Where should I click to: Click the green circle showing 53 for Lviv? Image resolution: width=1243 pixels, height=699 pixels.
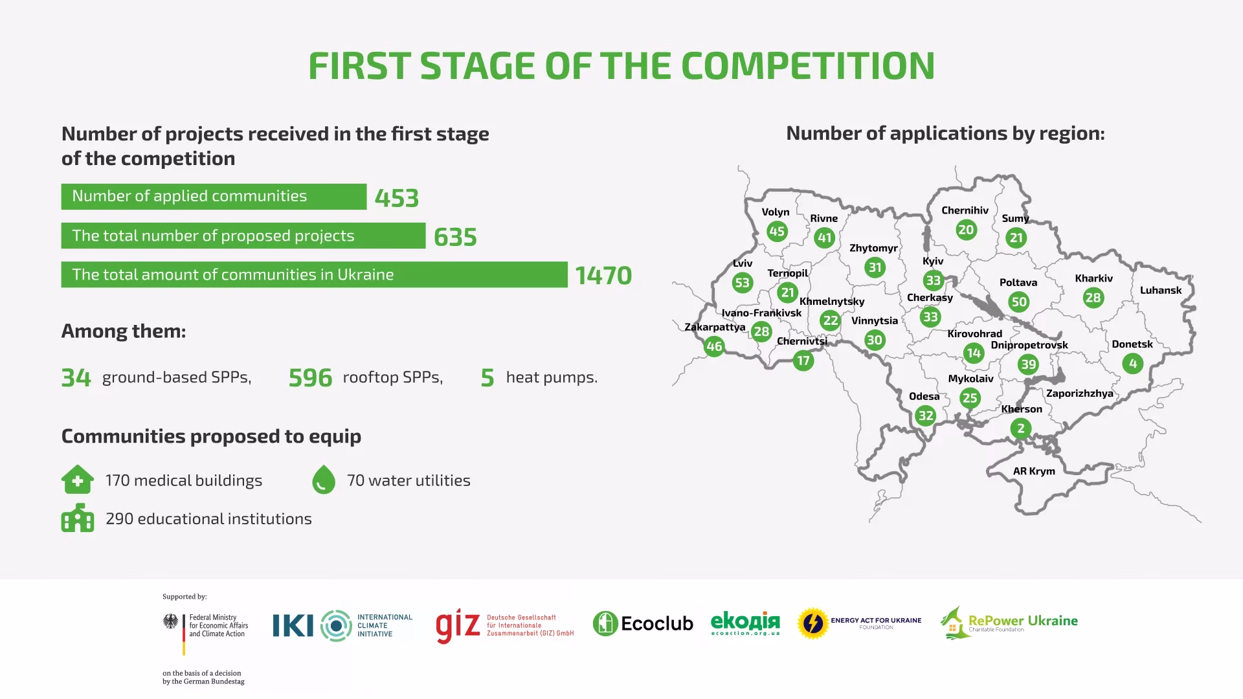743,283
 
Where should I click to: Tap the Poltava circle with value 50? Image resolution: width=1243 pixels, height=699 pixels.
1019,302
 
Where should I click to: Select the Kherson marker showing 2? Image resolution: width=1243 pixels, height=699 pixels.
1021,428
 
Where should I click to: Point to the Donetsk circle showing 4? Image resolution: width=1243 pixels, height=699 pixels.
1133,364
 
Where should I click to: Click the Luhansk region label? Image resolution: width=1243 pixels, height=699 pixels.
1161,290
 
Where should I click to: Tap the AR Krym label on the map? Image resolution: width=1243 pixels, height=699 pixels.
1034,471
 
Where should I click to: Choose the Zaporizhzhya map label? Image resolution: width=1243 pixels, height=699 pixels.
1080,394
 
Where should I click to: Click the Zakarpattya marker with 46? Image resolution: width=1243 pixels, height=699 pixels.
714,346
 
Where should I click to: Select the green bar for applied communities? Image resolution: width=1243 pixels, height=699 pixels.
214,197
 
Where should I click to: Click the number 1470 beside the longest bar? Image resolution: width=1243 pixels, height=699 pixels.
603,276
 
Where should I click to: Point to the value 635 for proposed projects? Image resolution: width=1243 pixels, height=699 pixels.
455,237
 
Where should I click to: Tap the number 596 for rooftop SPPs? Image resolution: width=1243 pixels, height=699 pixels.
310,378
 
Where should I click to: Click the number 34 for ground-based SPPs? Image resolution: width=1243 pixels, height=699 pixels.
76,378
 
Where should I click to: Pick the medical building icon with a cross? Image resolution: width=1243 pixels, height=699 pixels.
78,480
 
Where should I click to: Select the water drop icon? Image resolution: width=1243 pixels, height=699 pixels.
324,480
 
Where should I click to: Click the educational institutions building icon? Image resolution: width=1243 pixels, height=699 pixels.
78,518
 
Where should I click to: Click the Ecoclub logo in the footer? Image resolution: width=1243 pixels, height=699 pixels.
643,623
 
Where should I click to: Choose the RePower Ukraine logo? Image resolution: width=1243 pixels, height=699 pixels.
1009,623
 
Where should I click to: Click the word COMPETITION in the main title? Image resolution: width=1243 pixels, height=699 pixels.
808,65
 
